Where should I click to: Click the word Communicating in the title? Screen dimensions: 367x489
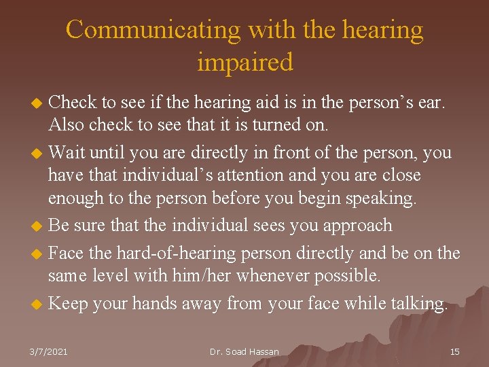pyautogui.click(x=153, y=30)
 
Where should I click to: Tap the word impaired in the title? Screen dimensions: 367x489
pyautogui.click(x=245, y=62)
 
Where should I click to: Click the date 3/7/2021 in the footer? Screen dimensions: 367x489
pyautogui.click(x=50, y=351)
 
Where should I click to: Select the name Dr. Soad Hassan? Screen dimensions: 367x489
pyautogui.click(x=244, y=351)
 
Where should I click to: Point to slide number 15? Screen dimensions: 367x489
pyautogui.click(x=455, y=351)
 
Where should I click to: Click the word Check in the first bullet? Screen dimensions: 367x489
pyautogui.click(x=73, y=103)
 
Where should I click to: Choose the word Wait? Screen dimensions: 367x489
pyautogui.click(x=68, y=153)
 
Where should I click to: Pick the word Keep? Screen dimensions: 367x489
pyautogui.click(x=69, y=303)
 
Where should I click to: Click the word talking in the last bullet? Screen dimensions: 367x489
pyautogui.click(x=419, y=303)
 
